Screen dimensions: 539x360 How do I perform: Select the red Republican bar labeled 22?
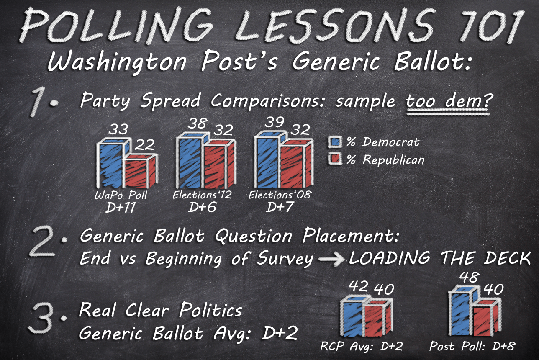click(141, 171)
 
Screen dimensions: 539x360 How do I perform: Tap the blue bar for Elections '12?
click(190, 161)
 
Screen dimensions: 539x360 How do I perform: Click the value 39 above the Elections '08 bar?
click(275, 122)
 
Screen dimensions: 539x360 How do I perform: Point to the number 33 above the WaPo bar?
click(118, 129)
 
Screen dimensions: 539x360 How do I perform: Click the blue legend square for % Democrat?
click(335, 142)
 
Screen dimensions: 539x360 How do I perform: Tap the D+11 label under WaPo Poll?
click(120, 208)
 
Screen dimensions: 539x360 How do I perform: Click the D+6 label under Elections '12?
click(202, 207)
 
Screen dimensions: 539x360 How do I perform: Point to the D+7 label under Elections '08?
click(280, 207)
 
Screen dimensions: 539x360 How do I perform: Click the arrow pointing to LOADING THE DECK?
click(331, 260)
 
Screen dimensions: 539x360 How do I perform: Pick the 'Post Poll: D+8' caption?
click(472, 346)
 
